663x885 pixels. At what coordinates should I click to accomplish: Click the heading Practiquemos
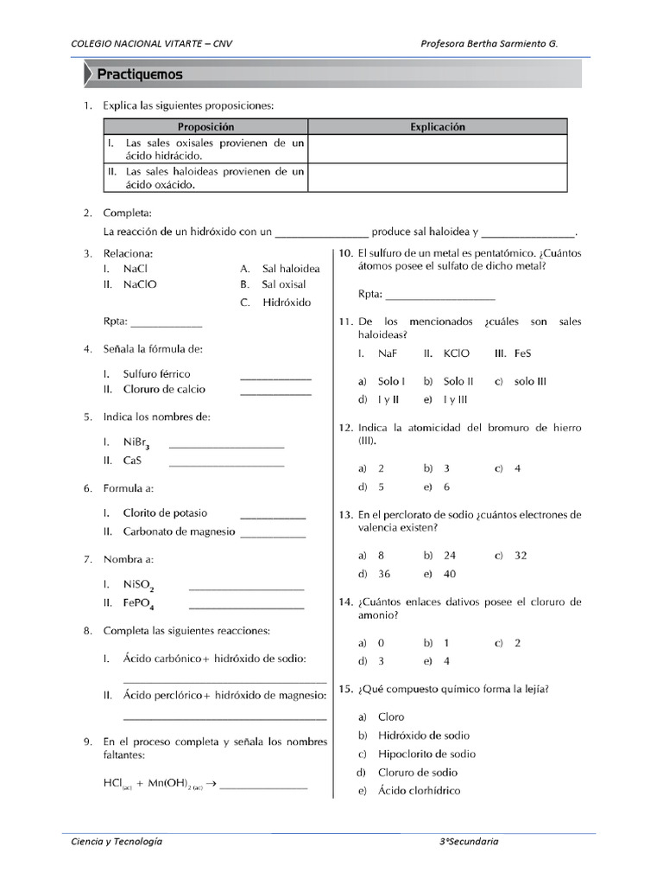click(139, 74)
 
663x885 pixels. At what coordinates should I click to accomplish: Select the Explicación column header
click(437, 127)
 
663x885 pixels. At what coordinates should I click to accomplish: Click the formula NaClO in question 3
click(140, 283)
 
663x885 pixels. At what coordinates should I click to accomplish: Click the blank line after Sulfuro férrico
click(275, 378)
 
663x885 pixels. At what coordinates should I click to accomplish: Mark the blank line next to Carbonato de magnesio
click(273, 536)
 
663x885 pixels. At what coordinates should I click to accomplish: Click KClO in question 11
click(456, 353)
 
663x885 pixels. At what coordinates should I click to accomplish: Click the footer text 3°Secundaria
click(470, 841)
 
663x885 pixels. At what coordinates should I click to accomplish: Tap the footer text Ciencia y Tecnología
click(117, 841)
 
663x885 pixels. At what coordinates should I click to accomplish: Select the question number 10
click(344, 253)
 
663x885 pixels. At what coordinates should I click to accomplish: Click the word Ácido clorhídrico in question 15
click(419, 791)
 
